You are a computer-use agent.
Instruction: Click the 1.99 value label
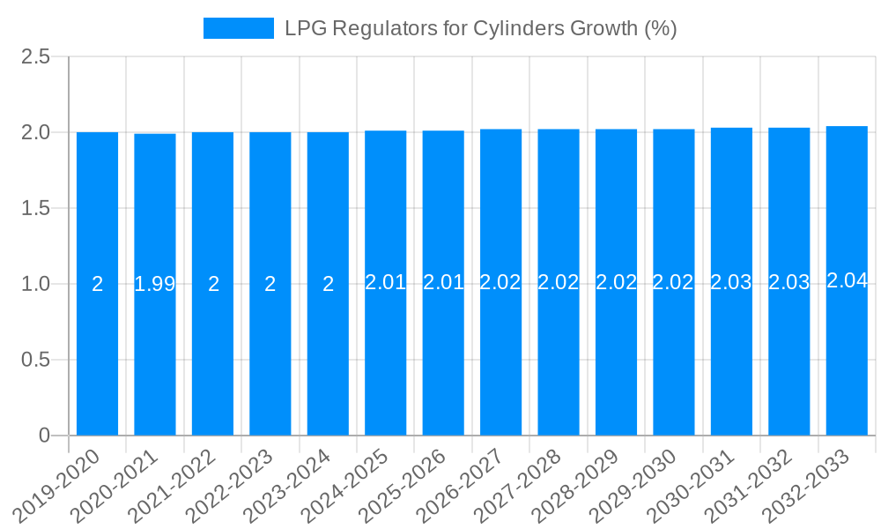tap(155, 284)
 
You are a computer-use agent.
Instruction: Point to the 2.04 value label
tap(847, 281)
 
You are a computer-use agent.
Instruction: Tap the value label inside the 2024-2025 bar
tap(386, 283)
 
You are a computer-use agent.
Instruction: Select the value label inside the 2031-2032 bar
tap(788, 283)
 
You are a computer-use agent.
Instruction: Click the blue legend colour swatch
tap(238, 28)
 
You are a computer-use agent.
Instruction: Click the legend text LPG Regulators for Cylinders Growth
tap(480, 28)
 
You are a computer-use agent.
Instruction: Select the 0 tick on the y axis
tap(45, 436)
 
